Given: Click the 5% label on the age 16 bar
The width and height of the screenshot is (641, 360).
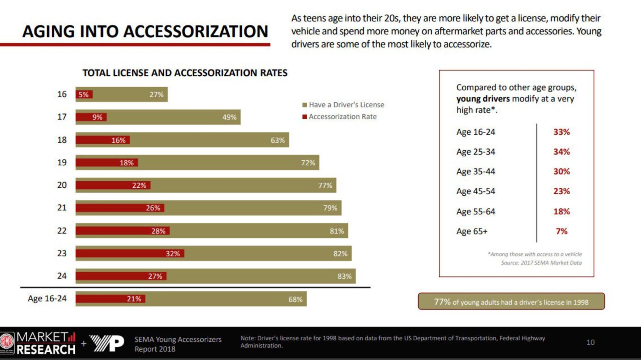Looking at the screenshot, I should (83, 95).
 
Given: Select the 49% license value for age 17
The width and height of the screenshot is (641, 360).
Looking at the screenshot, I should (229, 117).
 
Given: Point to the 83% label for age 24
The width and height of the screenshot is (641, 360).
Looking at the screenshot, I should (344, 276).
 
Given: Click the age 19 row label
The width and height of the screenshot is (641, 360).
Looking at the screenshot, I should (62, 163).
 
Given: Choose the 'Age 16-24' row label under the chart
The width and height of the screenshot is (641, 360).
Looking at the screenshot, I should (47, 299).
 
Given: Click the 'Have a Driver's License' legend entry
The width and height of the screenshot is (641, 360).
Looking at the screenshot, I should (346, 105).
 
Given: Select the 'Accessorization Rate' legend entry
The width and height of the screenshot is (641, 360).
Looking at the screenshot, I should (343, 117).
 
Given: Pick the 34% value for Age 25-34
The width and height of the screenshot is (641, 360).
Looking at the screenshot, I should (562, 152).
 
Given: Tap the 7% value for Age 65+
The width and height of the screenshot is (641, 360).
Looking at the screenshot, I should (562, 231).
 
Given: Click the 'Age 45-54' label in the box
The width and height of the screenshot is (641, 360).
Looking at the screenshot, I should (475, 191).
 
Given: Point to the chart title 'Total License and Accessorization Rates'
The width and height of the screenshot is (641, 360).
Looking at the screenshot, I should (185, 73).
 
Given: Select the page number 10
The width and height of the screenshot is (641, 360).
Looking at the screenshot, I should (590, 342).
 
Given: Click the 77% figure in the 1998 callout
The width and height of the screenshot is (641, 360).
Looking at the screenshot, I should (442, 302).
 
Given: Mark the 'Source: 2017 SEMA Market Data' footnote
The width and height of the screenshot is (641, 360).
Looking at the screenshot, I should (541, 263).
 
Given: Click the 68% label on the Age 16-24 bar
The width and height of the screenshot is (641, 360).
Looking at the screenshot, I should (295, 299).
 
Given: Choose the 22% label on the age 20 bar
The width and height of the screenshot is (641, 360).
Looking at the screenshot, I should (139, 185).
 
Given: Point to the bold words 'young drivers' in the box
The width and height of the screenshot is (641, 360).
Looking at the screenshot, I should (483, 99).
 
